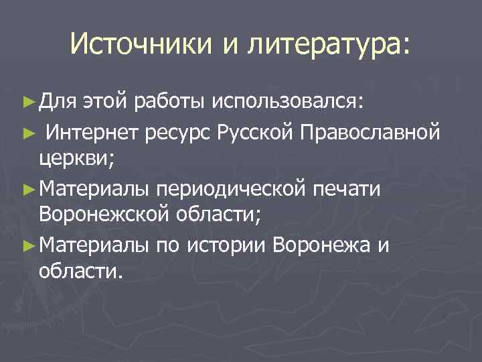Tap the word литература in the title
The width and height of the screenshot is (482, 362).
[x=325, y=46]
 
